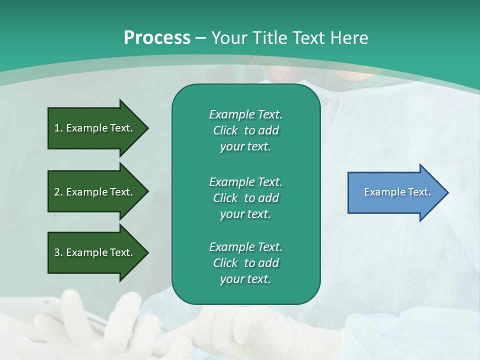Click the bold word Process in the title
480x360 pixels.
click(157, 38)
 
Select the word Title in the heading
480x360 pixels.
click(269, 38)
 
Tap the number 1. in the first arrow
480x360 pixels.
click(58, 128)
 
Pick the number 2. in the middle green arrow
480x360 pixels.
click(58, 192)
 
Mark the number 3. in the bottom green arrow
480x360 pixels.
click(58, 252)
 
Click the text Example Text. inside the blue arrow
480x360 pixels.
click(397, 192)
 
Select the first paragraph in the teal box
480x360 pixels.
click(245, 130)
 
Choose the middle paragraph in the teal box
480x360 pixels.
click(245, 198)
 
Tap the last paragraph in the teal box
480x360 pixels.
click(245, 263)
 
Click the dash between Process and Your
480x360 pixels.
click(200, 38)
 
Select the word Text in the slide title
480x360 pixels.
click(309, 38)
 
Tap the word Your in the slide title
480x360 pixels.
click(229, 38)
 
